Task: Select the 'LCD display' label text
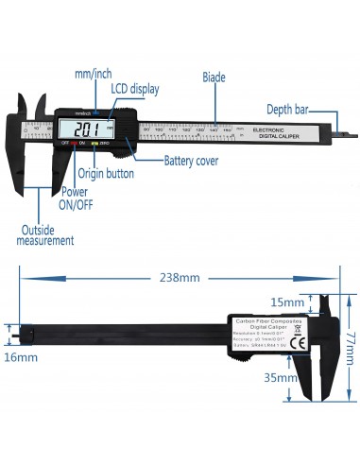pos(135,88)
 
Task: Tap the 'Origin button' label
pos(105,174)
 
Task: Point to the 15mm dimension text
pos(283,301)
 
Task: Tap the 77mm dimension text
pos(348,336)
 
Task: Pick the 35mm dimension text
pos(283,376)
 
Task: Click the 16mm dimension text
pos(20,357)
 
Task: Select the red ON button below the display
pos(83,143)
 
